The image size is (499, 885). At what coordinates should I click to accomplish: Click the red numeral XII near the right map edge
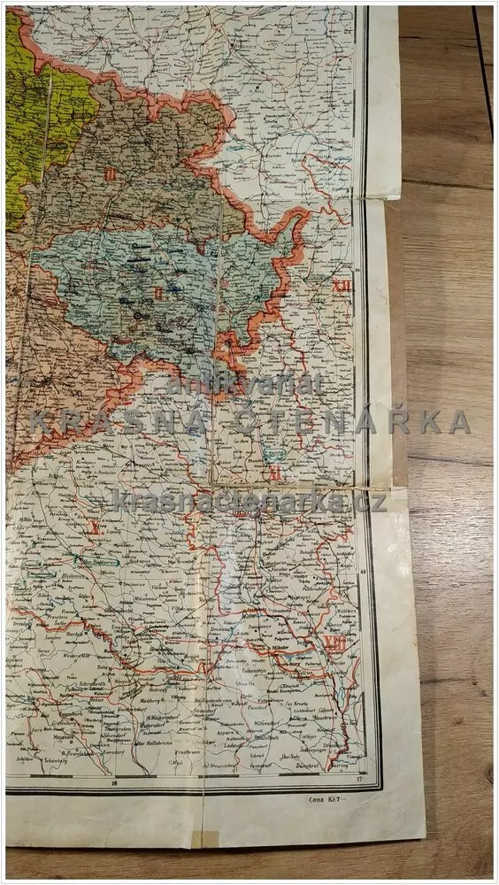[x=342, y=286]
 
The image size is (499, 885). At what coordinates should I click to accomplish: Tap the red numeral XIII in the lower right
[x=335, y=644]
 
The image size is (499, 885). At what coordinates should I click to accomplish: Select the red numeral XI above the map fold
[x=275, y=473]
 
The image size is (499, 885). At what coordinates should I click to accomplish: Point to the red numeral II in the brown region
[x=110, y=173]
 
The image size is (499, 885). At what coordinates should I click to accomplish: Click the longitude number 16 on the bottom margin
[x=115, y=782]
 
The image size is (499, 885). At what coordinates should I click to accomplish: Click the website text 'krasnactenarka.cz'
[x=249, y=502]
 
